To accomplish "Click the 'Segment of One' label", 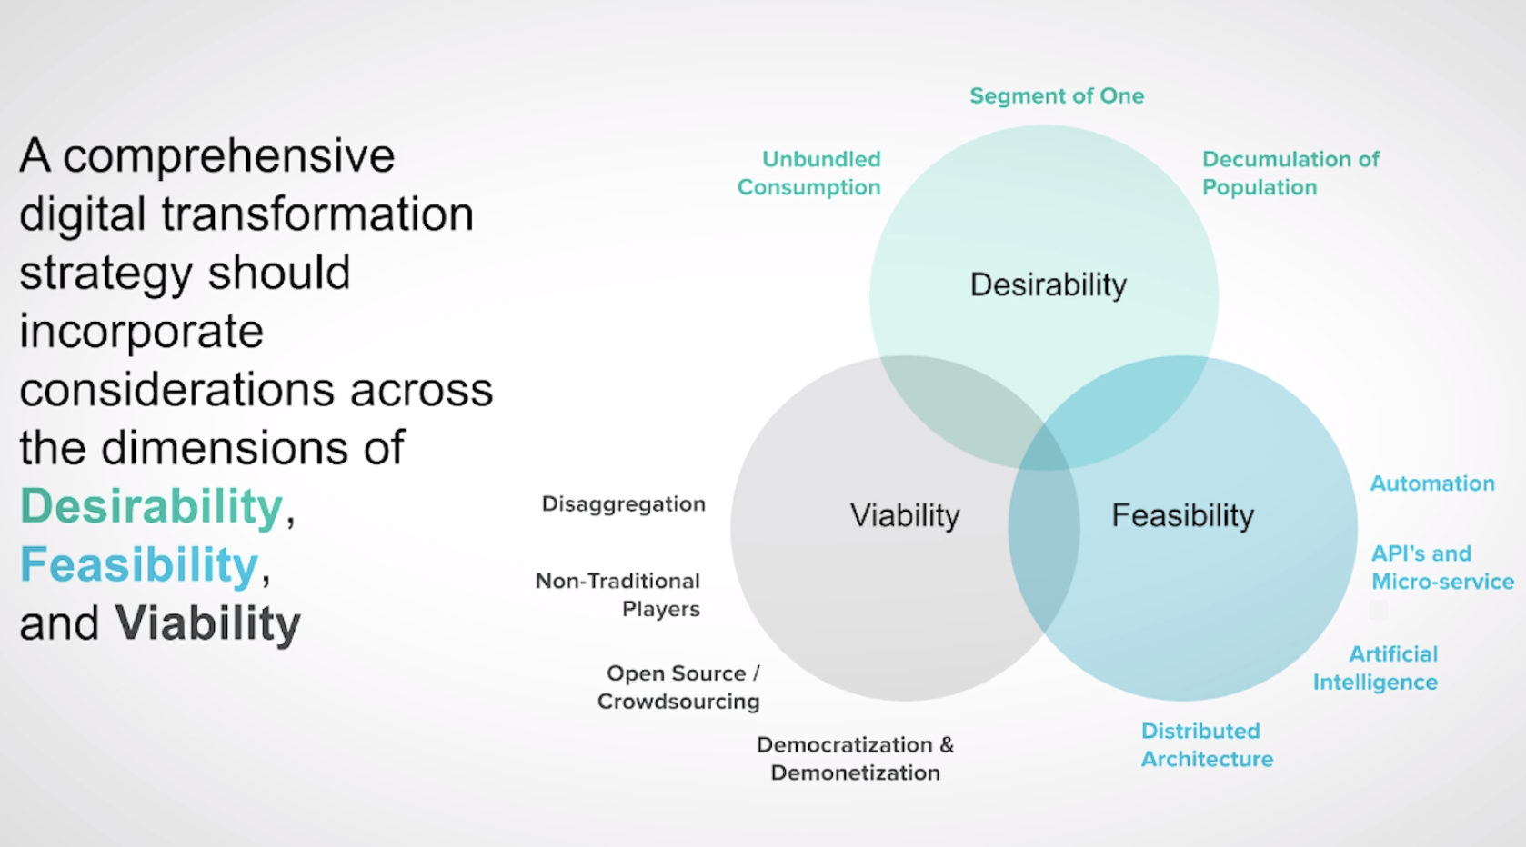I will point(1056,95).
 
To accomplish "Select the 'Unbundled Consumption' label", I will point(808,173).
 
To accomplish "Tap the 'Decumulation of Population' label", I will point(1290,173).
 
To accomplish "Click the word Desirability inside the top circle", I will point(1048,284).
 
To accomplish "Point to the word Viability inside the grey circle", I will point(904,515).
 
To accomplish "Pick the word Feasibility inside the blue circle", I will point(1182,515).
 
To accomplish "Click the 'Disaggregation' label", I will point(623,503).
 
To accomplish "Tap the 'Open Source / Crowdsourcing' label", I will point(679,687).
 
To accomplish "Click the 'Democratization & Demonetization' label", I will point(855,758).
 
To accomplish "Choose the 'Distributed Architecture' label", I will point(1207,744).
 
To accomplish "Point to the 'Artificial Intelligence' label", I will point(1375,668).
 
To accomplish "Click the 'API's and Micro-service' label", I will point(1441,567).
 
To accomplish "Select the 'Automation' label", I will point(1431,483).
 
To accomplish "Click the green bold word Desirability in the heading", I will point(152,506).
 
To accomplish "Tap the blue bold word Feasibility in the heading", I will point(139,564).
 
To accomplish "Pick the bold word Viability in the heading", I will point(207,623).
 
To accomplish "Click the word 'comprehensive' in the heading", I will point(228,156).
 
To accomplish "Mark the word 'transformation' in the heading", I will point(317,214).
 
